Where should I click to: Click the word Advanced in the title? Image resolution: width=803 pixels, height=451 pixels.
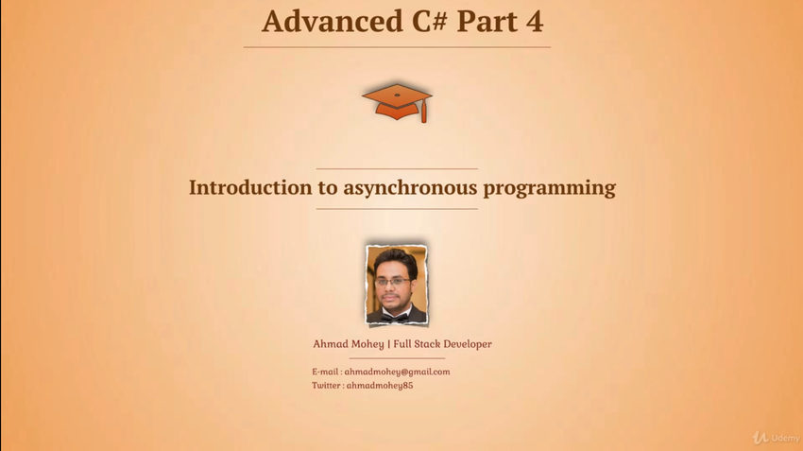pyautogui.click(x=333, y=22)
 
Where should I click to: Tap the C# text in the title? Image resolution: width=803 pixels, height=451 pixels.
pyautogui.click(x=430, y=22)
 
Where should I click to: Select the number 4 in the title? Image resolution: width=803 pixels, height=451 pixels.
pyautogui.click(x=534, y=22)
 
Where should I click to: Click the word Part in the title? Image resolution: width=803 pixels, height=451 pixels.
pyautogui.click(x=487, y=22)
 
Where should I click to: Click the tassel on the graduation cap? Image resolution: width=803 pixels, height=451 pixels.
pyautogui.click(x=424, y=112)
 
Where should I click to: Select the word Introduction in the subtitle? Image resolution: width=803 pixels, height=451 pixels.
pyautogui.click(x=250, y=187)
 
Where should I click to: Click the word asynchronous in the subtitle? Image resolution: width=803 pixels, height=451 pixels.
pyautogui.click(x=410, y=188)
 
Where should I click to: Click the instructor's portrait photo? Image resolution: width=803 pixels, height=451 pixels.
pyautogui.click(x=397, y=285)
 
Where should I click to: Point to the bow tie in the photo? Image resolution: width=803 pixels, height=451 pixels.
pyautogui.click(x=395, y=318)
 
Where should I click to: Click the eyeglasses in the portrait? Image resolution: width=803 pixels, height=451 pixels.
pyautogui.click(x=392, y=282)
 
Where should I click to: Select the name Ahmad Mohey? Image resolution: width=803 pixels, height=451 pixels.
pyautogui.click(x=349, y=344)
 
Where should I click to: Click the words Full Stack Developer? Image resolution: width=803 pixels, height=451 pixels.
pyautogui.click(x=442, y=344)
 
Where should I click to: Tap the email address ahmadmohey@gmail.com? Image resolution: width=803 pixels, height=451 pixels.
pyautogui.click(x=397, y=373)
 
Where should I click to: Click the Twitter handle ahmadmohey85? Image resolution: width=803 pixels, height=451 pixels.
pyautogui.click(x=380, y=386)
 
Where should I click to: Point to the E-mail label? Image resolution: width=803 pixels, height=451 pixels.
pyautogui.click(x=325, y=372)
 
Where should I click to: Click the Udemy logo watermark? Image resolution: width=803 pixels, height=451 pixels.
pyautogui.click(x=776, y=438)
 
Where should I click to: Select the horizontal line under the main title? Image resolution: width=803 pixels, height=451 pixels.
pyautogui.click(x=397, y=47)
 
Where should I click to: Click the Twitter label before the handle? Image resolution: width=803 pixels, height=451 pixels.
pyautogui.click(x=326, y=386)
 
